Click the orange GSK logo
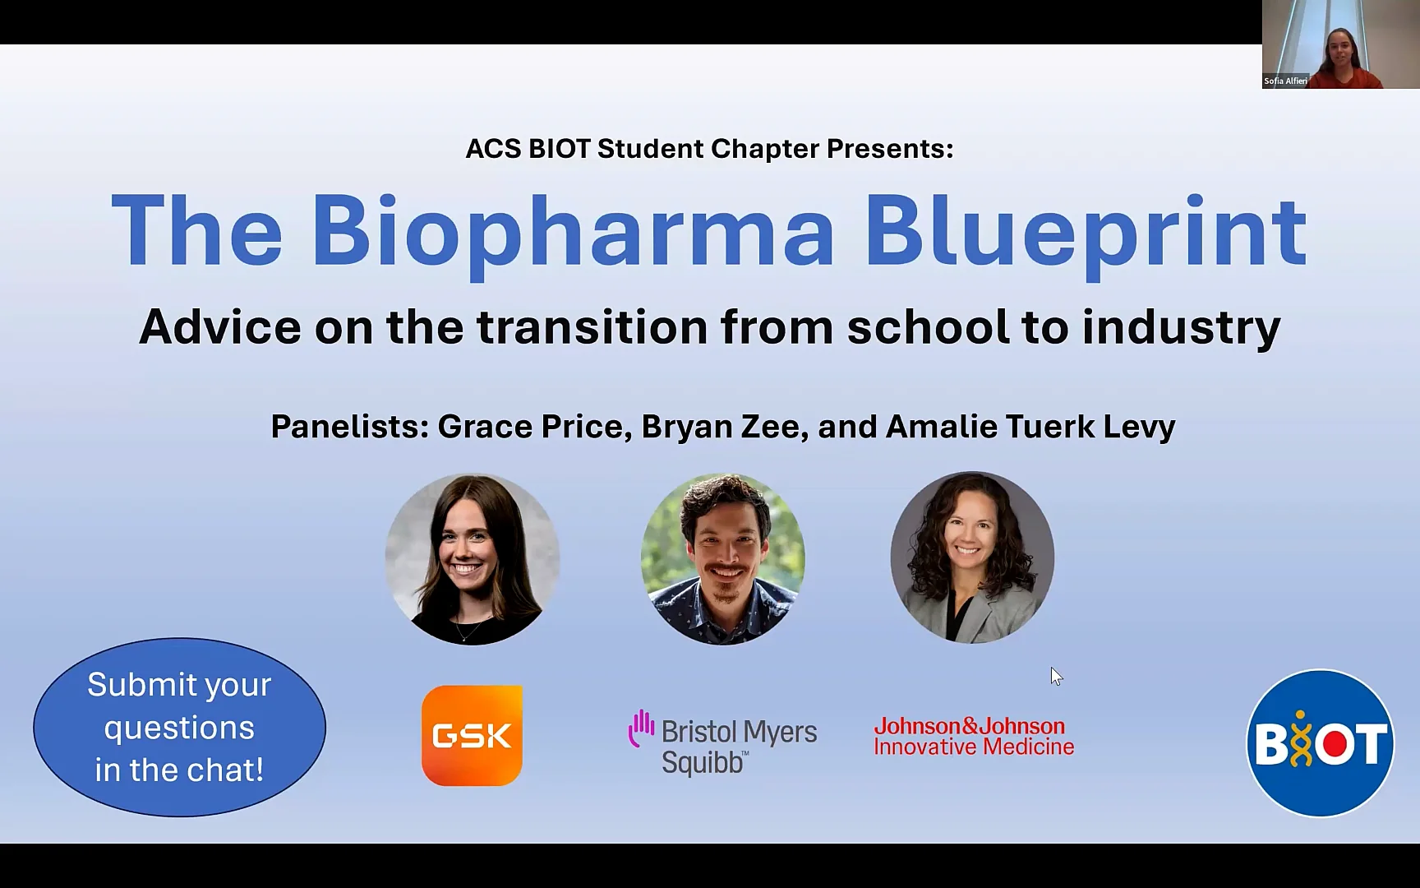pos(472,735)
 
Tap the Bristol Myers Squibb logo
pos(723,742)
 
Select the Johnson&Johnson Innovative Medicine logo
pos(974,737)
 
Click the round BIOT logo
pos(1321,743)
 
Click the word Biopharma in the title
pos(573,232)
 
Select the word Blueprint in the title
pos(1086,232)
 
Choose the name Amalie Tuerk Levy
pos(1030,428)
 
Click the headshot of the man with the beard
pos(723,558)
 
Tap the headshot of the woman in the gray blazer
pos(972,557)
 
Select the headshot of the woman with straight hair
pos(473,559)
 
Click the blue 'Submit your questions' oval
pos(179,728)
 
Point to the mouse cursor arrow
pos(1056,676)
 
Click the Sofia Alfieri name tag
pos(1285,81)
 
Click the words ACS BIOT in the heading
pos(528,149)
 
